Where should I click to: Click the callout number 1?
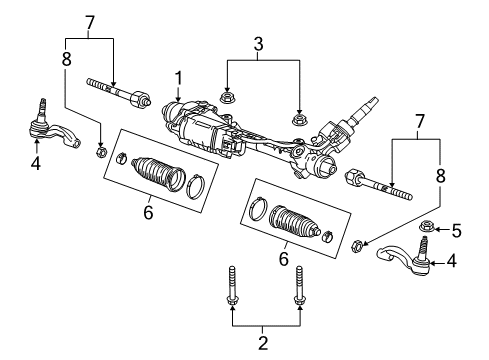180,77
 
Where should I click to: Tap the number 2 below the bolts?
264,343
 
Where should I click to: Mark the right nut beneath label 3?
299,118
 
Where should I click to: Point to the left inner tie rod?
119,93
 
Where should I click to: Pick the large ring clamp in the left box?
197,184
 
